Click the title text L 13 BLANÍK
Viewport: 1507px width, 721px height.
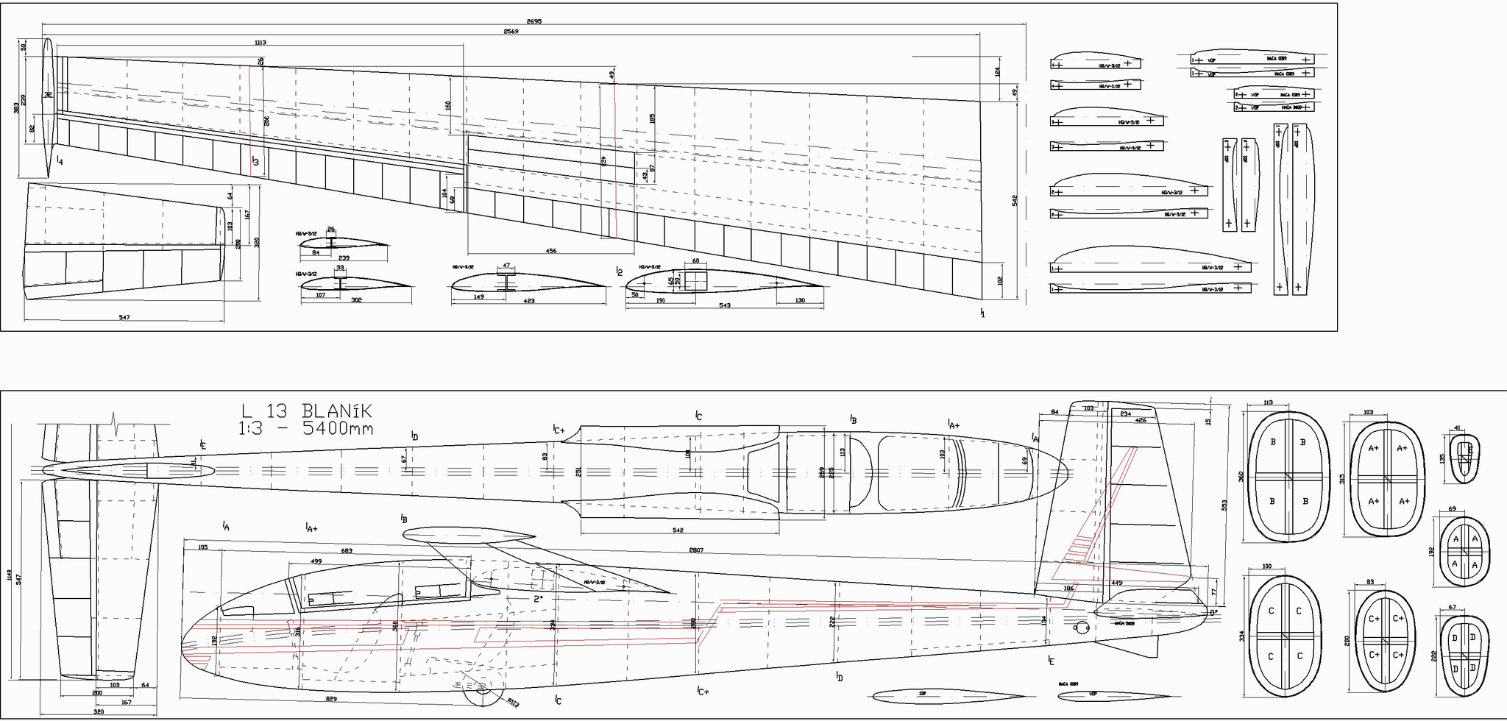(x=307, y=411)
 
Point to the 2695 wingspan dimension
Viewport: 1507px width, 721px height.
(x=534, y=21)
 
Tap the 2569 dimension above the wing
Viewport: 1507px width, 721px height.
(x=511, y=31)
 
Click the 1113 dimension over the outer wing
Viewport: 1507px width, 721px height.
(x=260, y=43)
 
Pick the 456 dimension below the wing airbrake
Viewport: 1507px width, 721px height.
(x=551, y=251)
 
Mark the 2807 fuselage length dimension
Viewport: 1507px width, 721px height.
(x=696, y=550)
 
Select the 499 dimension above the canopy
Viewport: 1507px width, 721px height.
(x=316, y=561)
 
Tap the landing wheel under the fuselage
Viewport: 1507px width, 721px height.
(x=482, y=690)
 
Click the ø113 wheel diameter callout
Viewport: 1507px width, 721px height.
(x=513, y=703)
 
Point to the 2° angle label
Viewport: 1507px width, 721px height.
(x=539, y=598)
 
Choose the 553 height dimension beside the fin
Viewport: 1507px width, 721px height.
(x=1224, y=505)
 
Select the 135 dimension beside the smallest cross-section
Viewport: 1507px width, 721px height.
(x=1442, y=458)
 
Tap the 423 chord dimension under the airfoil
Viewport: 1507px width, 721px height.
(x=529, y=301)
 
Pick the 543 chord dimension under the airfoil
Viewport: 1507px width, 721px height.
(x=724, y=305)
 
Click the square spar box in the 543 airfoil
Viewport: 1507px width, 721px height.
(x=695, y=280)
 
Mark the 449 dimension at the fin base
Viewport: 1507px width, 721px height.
(x=1116, y=583)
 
